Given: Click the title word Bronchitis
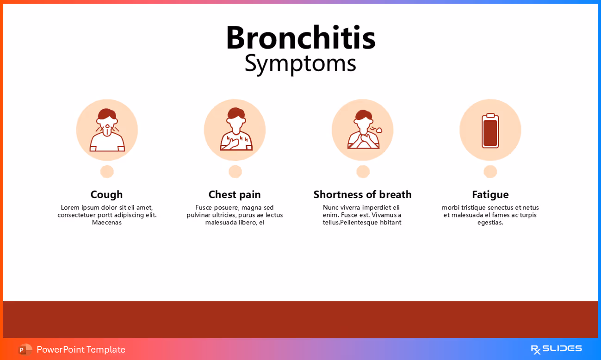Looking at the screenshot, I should coord(300,38).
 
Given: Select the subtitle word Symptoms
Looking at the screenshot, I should coord(300,63).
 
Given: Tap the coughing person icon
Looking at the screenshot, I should coord(107,130).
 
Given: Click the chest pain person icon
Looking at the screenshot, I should coord(235,130).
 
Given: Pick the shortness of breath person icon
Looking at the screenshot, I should coord(363,130).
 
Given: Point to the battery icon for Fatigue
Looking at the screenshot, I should coord(490,130).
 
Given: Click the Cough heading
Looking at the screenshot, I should coord(106,194).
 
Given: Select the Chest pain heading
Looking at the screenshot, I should coord(235,194).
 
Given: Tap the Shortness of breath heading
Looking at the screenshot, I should coord(362,194).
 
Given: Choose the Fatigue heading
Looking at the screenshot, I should coord(490,194).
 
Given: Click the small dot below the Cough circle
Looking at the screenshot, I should coord(107,172).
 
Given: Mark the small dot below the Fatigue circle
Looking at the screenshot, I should coord(490,172).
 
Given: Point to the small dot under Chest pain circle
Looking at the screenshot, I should coord(235,172).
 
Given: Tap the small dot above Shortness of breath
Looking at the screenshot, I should coord(363,172).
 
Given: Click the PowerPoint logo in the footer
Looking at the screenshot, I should coord(25,349).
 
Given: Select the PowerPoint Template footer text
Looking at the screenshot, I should coord(81,349).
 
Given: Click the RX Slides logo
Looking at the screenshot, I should coord(556,349).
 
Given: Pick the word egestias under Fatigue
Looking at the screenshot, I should coord(490,223).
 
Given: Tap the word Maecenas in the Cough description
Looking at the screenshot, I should coord(106,223).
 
